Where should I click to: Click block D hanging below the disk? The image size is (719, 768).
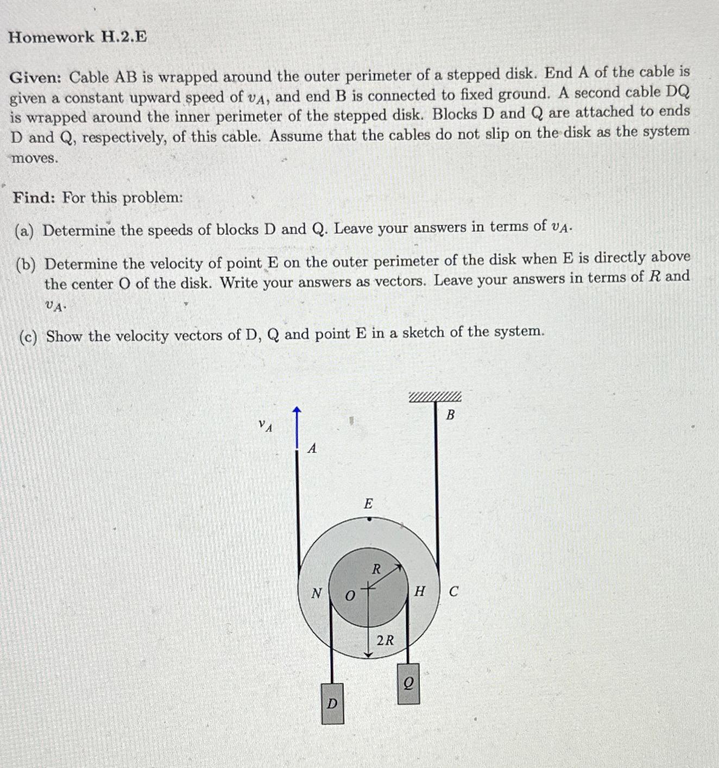332,704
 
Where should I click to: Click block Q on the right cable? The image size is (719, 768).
408,684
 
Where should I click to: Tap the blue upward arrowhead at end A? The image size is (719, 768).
297,410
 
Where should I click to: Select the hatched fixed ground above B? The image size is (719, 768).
435,397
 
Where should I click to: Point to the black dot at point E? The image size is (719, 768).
369,519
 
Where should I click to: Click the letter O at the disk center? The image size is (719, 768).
350,596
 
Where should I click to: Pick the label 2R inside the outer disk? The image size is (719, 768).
385,640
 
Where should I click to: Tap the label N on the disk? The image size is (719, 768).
316,594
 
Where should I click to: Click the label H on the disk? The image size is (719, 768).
419,591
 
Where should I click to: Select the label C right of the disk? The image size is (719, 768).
453,591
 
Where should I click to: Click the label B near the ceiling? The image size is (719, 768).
450,416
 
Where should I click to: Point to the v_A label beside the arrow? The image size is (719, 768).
265,425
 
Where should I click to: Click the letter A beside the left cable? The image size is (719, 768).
312,449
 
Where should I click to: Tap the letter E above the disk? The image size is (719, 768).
368,504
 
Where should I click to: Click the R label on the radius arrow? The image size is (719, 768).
376,569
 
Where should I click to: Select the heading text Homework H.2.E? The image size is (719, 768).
78,37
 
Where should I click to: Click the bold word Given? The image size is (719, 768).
36,78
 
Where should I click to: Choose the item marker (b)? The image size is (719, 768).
25,265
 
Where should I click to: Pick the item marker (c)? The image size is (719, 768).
28,337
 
